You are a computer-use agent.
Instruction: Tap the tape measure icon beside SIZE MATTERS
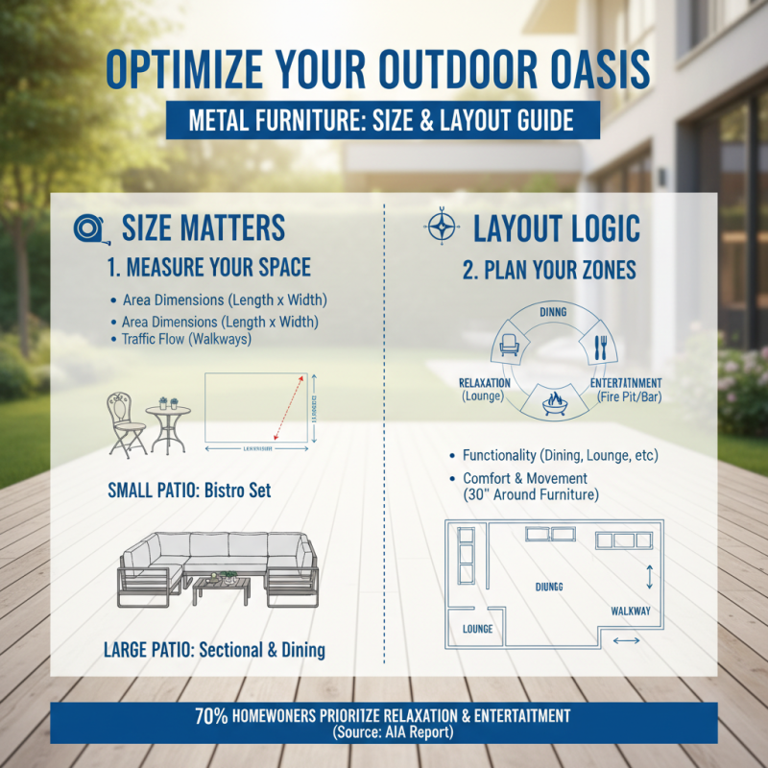(87, 228)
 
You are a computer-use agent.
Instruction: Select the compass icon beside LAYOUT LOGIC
(441, 228)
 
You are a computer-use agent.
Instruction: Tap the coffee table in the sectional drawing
(225, 587)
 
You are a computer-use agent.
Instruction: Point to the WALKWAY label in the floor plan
(631, 611)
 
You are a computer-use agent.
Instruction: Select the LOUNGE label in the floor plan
(477, 630)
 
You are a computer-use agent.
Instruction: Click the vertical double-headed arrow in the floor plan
(650, 575)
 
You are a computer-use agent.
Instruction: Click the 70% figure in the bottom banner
(211, 716)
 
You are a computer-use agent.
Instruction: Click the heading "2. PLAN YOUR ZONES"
(549, 271)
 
